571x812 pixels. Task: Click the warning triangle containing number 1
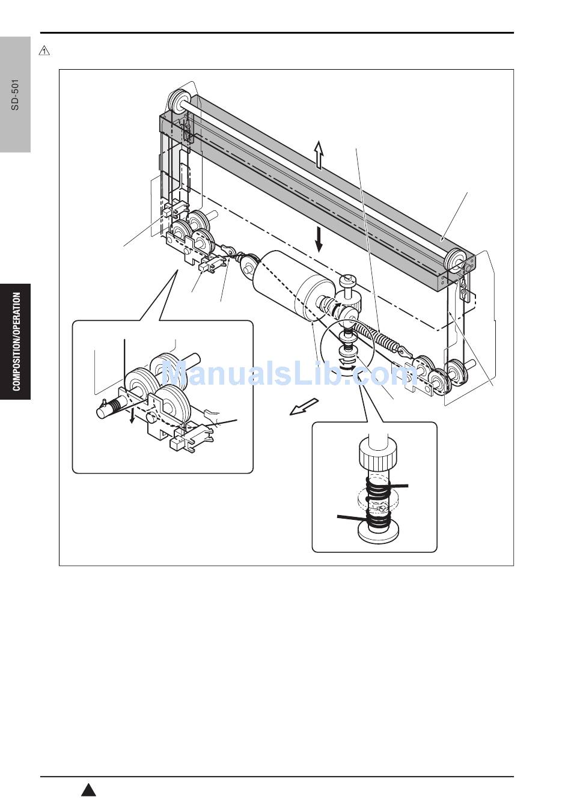coord(44,51)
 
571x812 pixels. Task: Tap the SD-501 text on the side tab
coord(15,94)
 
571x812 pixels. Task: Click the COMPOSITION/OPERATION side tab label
coord(16,341)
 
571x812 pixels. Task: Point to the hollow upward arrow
coord(319,155)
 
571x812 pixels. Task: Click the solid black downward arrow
coord(319,240)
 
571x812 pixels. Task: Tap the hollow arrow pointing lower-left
coord(304,407)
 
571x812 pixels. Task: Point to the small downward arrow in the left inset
coord(132,417)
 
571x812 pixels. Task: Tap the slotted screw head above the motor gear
coord(347,279)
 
